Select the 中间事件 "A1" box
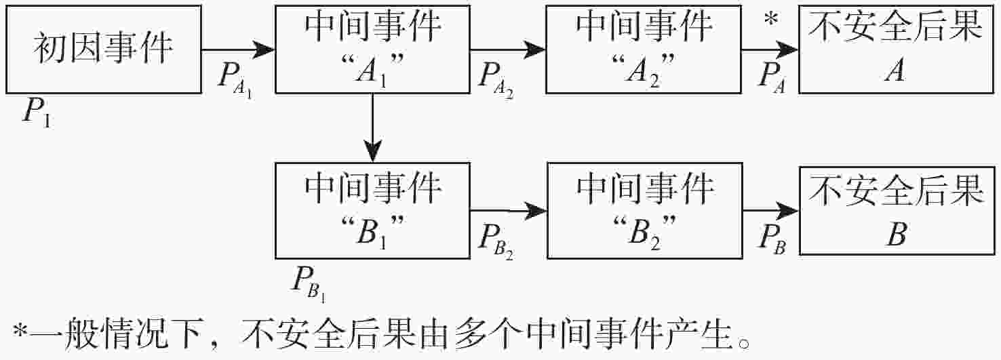(372, 49)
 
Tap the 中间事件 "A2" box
(644, 49)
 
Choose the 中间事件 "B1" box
(372, 210)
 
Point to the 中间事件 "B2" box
(644, 210)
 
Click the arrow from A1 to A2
(508, 49)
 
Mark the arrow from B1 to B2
(508, 212)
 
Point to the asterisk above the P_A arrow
(770, 20)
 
